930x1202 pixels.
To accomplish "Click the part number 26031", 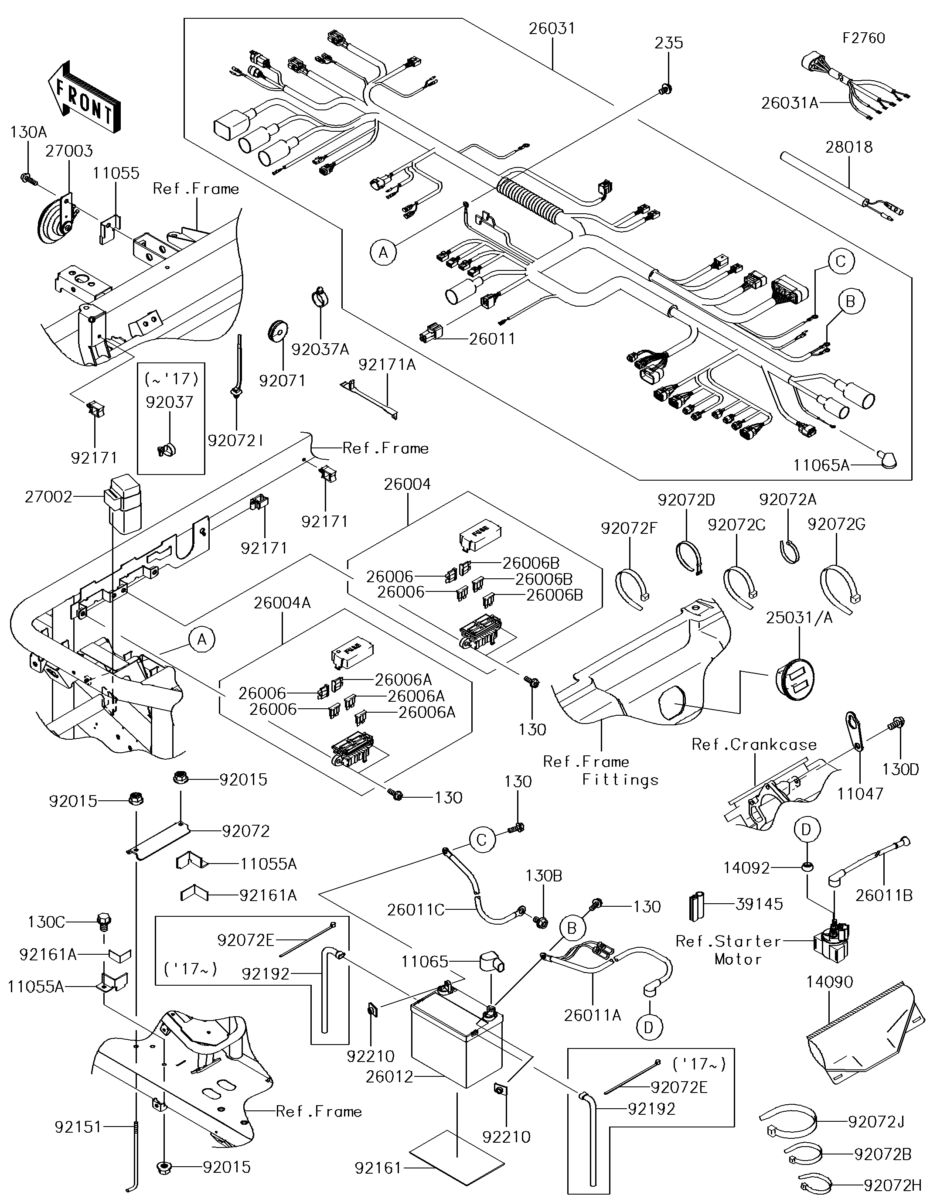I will [552, 29].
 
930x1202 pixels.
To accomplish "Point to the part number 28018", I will [848, 147].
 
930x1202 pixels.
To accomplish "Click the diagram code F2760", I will [863, 38].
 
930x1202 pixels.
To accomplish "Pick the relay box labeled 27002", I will [124, 504].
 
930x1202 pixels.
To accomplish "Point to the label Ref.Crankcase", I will [754, 744].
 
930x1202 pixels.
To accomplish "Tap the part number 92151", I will [78, 1127].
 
